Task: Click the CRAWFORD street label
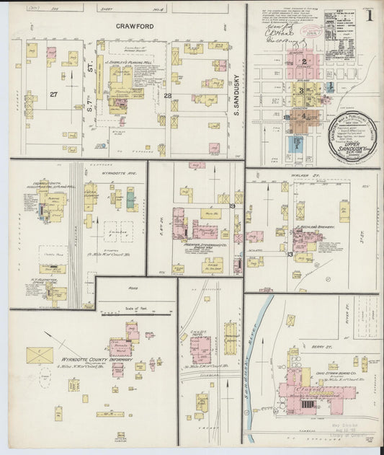tap(136, 26)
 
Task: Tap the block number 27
tap(53, 94)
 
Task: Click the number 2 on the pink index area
tap(305, 62)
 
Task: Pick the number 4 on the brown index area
tap(304, 115)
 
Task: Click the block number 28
tap(167, 94)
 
